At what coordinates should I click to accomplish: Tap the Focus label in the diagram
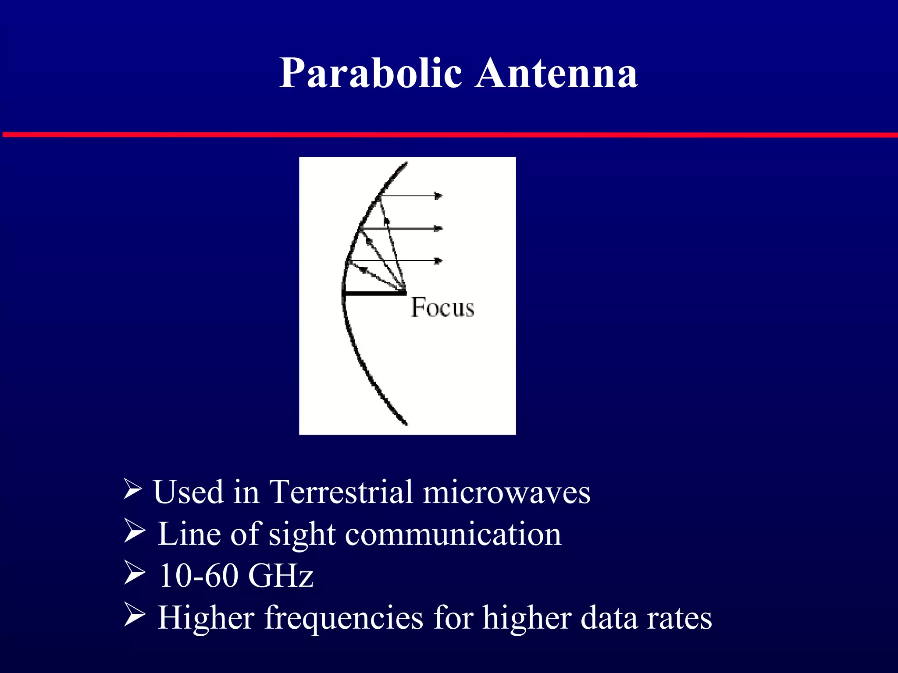pyautogui.click(x=442, y=308)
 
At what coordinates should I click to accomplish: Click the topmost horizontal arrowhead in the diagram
pyautogui.click(x=438, y=196)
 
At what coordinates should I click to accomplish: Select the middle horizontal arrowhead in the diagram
pyautogui.click(x=438, y=228)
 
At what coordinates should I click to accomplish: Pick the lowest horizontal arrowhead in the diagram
pyautogui.click(x=438, y=261)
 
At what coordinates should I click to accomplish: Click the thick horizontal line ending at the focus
pyautogui.click(x=374, y=293)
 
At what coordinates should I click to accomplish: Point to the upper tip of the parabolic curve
pyautogui.click(x=406, y=164)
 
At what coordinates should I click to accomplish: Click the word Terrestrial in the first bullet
pyautogui.click(x=341, y=492)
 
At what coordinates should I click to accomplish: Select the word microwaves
pyautogui.click(x=506, y=492)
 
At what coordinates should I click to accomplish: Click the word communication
pyautogui.click(x=453, y=535)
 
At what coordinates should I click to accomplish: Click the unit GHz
pyautogui.click(x=281, y=575)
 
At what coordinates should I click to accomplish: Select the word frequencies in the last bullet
pyautogui.click(x=343, y=618)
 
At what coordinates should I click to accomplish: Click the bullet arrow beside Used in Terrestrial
pyautogui.click(x=132, y=489)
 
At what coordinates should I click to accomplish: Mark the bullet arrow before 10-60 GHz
pyautogui.click(x=134, y=573)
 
